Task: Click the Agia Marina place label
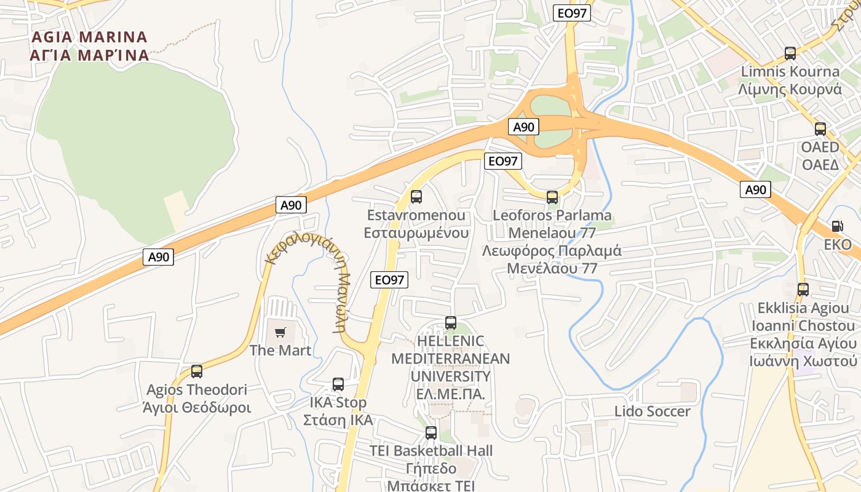coord(89,46)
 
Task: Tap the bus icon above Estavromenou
coord(416,197)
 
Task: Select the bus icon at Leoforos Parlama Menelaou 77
coord(552,197)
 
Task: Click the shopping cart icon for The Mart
coord(280,333)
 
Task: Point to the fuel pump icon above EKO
coord(837,226)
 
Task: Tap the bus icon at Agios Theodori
coord(197,371)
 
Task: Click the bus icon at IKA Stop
coord(338,384)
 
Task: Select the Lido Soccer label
coord(653,411)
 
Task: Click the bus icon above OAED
coord(820,129)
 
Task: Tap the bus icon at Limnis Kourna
coord(790,54)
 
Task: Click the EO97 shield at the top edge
coord(571,13)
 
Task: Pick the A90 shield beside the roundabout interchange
coord(523,127)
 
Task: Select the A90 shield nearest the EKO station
coord(755,189)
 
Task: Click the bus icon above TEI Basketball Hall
coord(431,432)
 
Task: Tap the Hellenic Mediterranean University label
coord(451,367)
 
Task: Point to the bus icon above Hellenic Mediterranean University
coord(451,322)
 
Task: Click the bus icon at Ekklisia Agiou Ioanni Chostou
coord(803,289)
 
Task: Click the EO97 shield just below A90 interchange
coord(503,161)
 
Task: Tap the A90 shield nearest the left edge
coord(159,256)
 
